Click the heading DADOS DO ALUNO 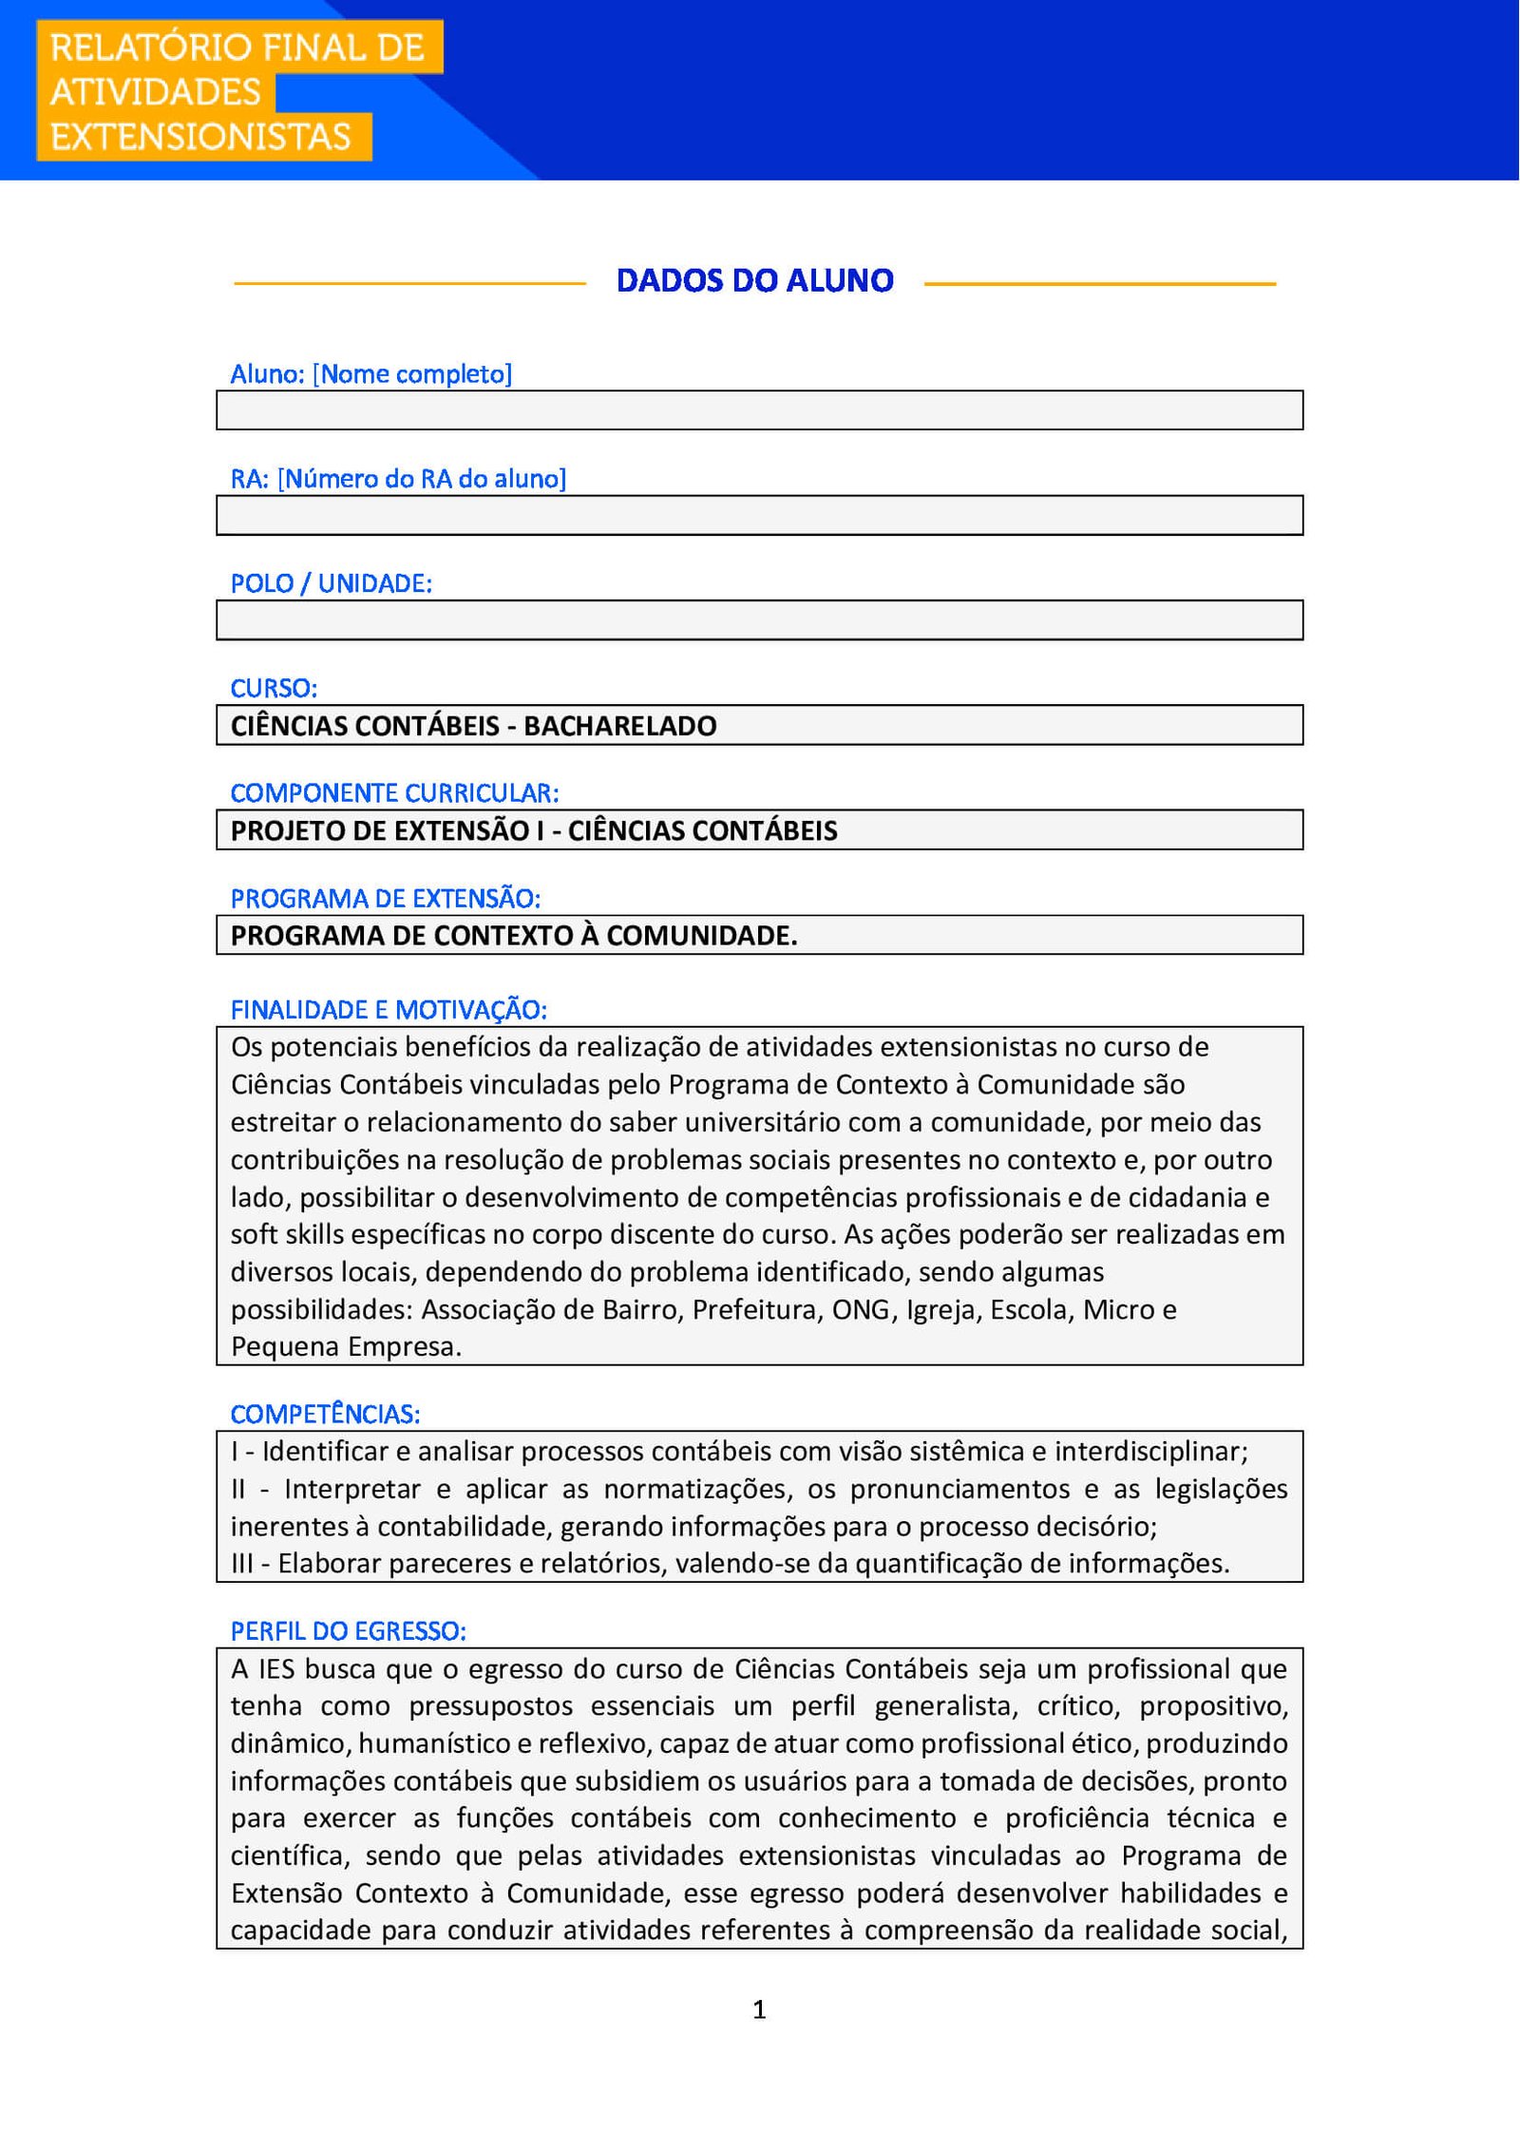point(754,281)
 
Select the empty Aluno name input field point(759,410)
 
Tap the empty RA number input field point(759,516)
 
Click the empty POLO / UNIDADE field point(759,620)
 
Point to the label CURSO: point(274,689)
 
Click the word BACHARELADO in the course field point(620,726)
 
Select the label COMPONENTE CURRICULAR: point(394,793)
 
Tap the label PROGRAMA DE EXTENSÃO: point(385,899)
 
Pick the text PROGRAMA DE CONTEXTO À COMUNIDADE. point(513,936)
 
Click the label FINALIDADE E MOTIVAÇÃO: point(389,1010)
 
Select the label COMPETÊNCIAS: point(325,1415)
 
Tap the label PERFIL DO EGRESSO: point(348,1631)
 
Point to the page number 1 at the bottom point(759,2009)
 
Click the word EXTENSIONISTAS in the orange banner point(200,137)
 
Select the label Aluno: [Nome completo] point(370,374)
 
